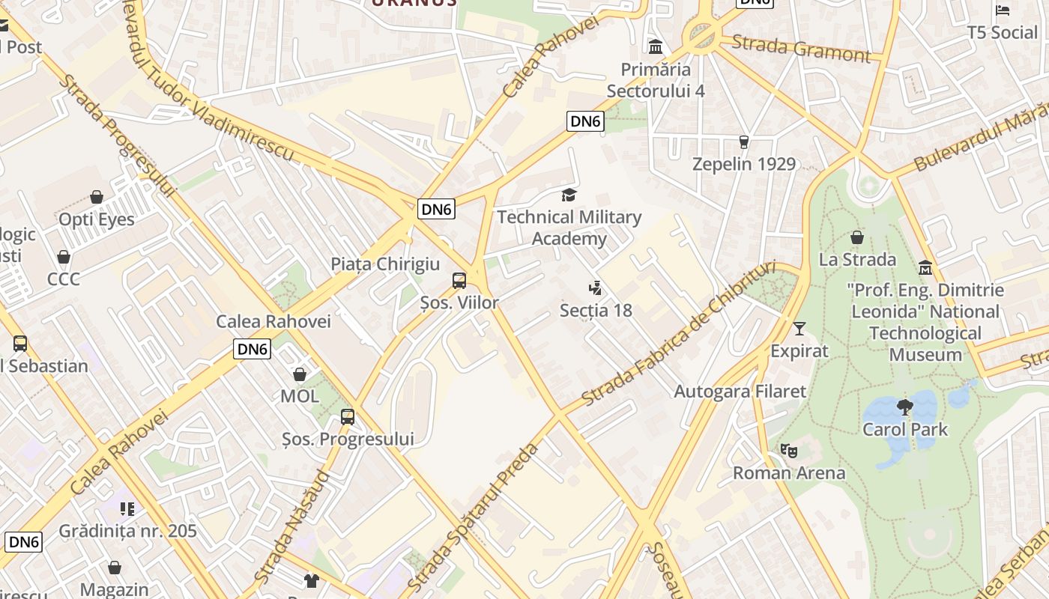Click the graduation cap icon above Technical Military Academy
pyautogui.click(x=569, y=195)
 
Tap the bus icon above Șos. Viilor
pyautogui.click(x=459, y=281)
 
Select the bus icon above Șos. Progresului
pyautogui.click(x=348, y=417)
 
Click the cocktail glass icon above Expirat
pyautogui.click(x=799, y=329)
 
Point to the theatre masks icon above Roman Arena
pyautogui.click(x=788, y=451)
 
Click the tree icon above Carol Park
pyautogui.click(x=905, y=407)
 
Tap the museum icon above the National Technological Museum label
pyautogui.click(x=925, y=268)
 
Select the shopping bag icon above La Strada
pyautogui.click(x=857, y=237)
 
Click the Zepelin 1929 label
pyautogui.click(x=743, y=164)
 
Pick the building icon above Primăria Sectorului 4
pyautogui.click(x=656, y=47)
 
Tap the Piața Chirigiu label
pyautogui.click(x=385, y=264)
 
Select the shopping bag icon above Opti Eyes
pyautogui.click(x=97, y=197)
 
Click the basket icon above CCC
pyautogui.click(x=64, y=257)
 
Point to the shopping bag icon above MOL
pyautogui.click(x=300, y=374)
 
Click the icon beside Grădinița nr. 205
pyautogui.click(x=127, y=509)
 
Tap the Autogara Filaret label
pyautogui.click(x=740, y=391)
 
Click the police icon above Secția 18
pyautogui.click(x=596, y=288)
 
